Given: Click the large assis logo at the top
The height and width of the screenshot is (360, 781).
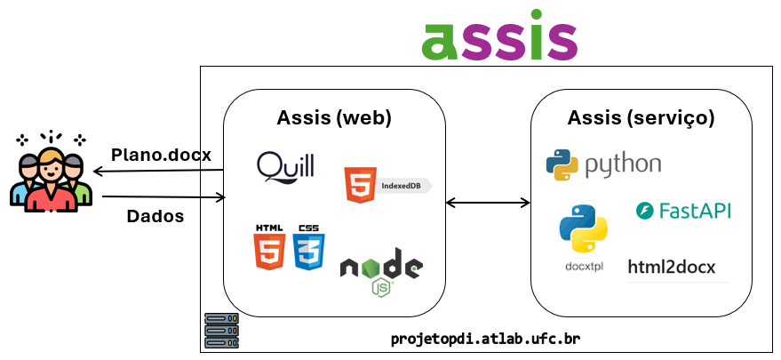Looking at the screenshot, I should click(x=499, y=36).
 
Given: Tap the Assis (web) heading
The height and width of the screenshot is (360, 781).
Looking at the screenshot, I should click(x=334, y=118).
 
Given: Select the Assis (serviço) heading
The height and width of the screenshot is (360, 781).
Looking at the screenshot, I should click(x=641, y=118).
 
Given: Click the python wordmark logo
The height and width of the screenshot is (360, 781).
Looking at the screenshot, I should click(x=603, y=164).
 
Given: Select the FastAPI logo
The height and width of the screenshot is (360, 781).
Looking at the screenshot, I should click(x=683, y=211).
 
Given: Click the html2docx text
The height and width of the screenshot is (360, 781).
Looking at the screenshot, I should click(x=671, y=267).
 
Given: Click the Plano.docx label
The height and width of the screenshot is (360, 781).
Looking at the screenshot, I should click(x=161, y=155).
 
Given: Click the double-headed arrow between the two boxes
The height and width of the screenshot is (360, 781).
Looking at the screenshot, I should click(x=488, y=203).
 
